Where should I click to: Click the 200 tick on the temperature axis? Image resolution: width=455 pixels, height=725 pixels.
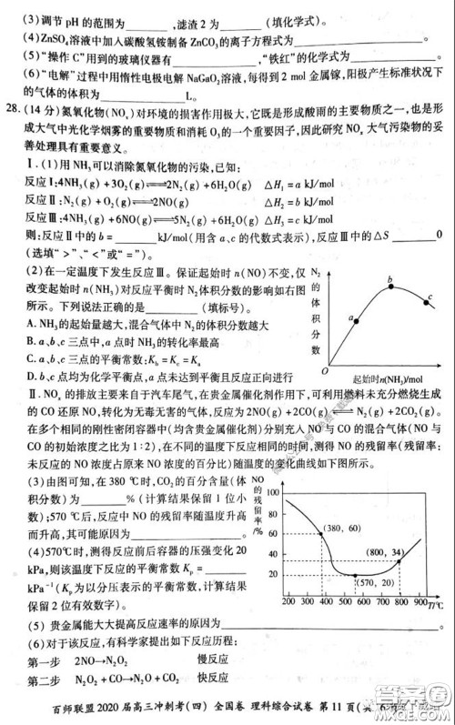point(289,602)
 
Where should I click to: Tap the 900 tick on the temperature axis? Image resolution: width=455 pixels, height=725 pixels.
point(420,602)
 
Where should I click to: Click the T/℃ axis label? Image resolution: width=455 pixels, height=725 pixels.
point(440,602)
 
